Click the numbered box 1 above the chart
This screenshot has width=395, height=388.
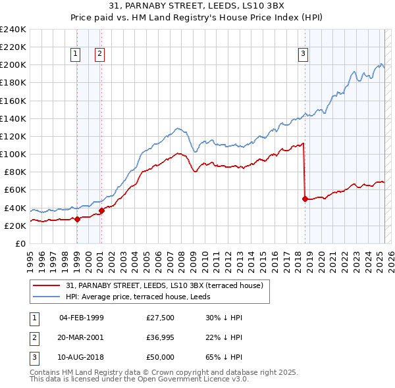(x=76, y=55)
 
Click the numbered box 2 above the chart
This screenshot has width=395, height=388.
(x=99, y=55)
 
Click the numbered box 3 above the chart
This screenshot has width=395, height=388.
(x=303, y=55)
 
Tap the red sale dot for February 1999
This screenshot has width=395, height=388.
(x=77, y=219)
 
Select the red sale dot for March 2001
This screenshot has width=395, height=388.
(x=101, y=210)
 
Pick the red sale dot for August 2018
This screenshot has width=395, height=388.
(x=305, y=199)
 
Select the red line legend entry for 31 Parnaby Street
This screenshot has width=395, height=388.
(x=164, y=285)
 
